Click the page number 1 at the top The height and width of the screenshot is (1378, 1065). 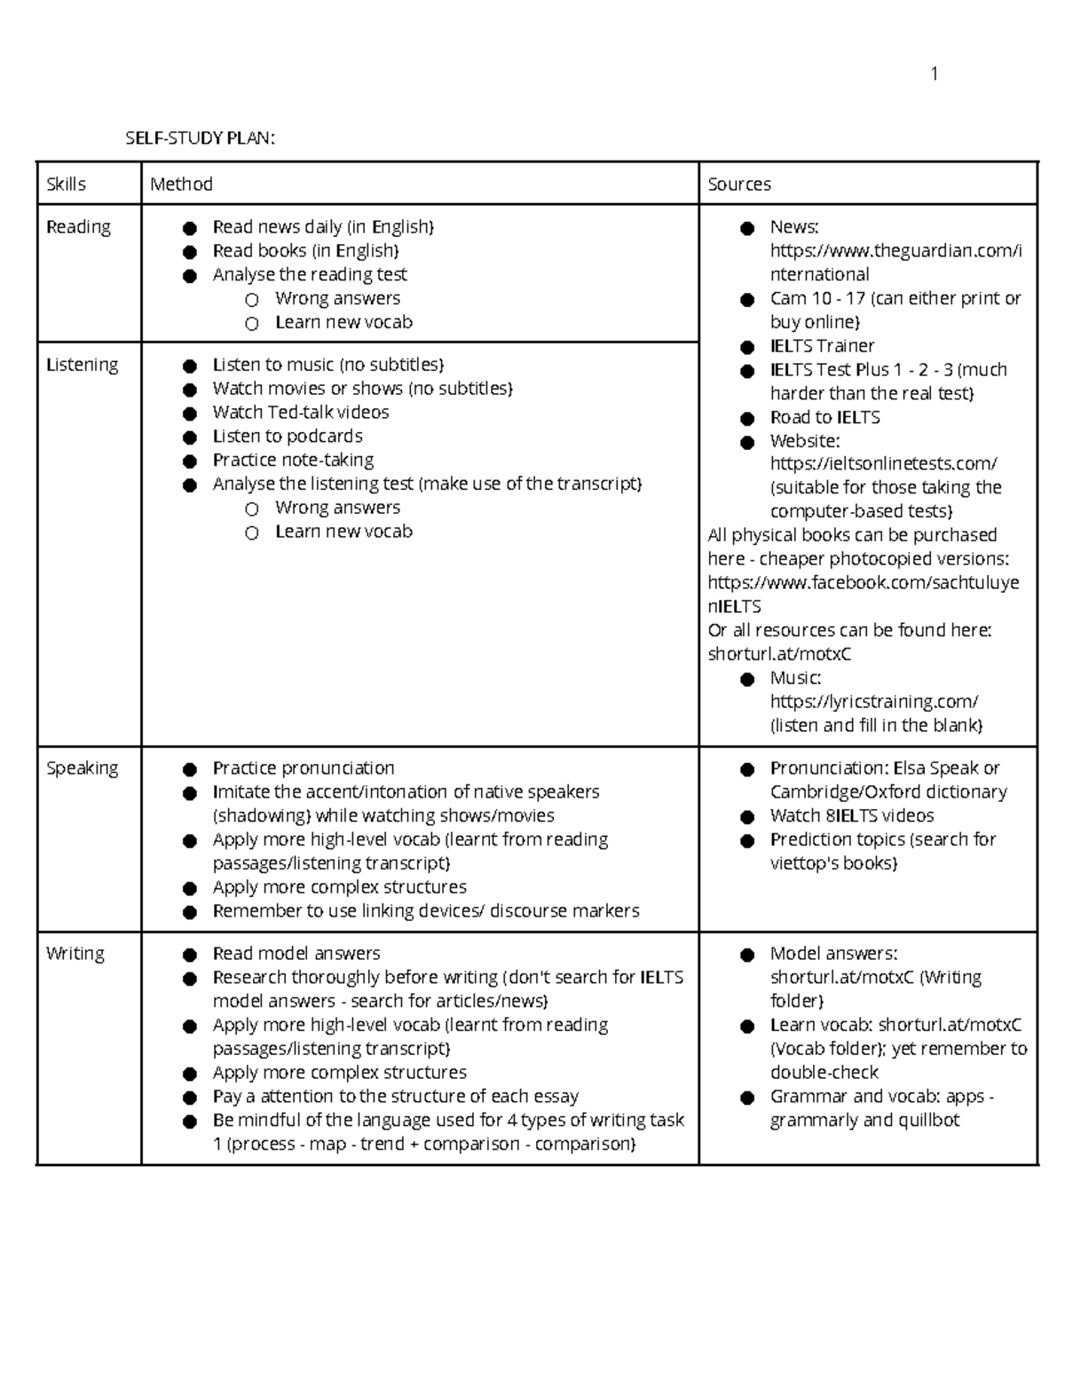pyautogui.click(x=934, y=74)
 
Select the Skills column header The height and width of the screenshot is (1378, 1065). pyautogui.click(x=66, y=185)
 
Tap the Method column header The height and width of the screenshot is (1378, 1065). pyautogui.click(x=181, y=185)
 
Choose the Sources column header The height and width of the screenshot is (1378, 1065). pyautogui.click(x=739, y=185)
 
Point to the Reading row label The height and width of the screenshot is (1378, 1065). pyautogui.click(x=78, y=227)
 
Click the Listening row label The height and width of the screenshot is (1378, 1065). pyautogui.click(x=82, y=365)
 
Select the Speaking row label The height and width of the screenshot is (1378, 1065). pyautogui.click(x=82, y=768)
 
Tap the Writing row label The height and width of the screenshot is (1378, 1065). pyautogui.click(x=75, y=954)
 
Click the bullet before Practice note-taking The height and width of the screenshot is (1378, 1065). pyautogui.click(x=189, y=461)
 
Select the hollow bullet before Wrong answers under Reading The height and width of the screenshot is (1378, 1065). pyautogui.click(x=252, y=300)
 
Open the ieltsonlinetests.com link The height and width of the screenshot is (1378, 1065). pyautogui.click(x=883, y=464)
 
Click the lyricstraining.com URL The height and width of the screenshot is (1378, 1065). pyautogui.click(x=873, y=702)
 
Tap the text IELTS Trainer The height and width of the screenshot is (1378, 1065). pyautogui.click(x=822, y=346)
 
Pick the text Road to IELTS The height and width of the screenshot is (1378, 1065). pyautogui.click(x=824, y=418)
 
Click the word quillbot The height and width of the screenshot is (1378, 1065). pyautogui.click(x=928, y=1121)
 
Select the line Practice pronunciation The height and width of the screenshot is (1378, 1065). pyautogui.click(x=303, y=768)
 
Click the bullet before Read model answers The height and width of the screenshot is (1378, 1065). pyautogui.click(x=189, y=955)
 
